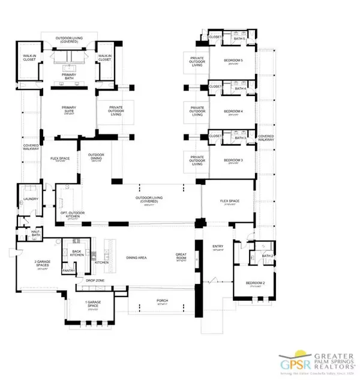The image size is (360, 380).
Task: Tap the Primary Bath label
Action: pyautogui.click(x=68, y=76)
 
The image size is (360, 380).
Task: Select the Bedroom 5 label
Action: pyautogui.click(x=233, y=61)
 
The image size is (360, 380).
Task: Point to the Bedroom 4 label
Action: pyautogui.click(x=233, y=111)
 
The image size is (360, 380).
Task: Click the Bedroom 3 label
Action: pyautogui.click(x=233, y=160)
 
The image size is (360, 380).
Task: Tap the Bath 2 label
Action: pyautogui.click(x=267, y=256)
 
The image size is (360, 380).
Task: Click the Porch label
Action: pyautogui.click(x=162, y=300)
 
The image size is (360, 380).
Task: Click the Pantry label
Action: pyautogui.click(x=71, y=271)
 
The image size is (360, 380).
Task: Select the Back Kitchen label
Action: pyautogui.click(x=77, y=253)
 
